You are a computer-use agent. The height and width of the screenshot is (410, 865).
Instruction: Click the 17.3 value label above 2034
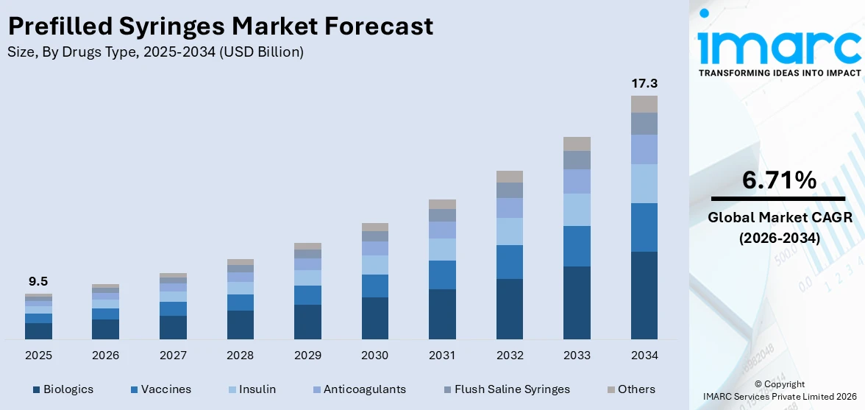pyautogui.click(x=644, y=84)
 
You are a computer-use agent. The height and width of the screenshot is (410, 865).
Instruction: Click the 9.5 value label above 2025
pyautogui.click(x=38, y=282)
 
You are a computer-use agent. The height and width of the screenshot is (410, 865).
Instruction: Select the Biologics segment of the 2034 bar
pyautogui.click(x=644, y=295)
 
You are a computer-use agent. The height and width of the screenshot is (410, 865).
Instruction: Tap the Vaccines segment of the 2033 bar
pyautogui.click(x=577, y=246)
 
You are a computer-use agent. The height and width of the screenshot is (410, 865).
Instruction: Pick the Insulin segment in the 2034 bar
pyautogui.click(x=644, y=183)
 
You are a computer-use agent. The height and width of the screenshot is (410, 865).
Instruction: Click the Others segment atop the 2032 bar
pyautogui.click(x=510, y=177)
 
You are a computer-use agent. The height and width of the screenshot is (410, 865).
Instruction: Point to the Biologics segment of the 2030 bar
pyautogui.click(x=375, y=319)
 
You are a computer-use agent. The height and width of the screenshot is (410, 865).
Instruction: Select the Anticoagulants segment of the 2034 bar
pyautogui.click(x=644, y=149)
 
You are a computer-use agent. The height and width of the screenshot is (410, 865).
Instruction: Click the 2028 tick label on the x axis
pyautogui.click(x=241, y=356)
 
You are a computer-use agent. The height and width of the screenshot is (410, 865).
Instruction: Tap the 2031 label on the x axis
pyautogui.click(x=443, y=356)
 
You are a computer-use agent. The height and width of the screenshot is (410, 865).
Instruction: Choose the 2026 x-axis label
pyautogui.click(x=105, y=356)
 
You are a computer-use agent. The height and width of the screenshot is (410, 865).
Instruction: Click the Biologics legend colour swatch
pyautogui.click(x=37, y=389)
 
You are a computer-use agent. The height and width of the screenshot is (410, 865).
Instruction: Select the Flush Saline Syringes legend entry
pyautogui.click(x=507, y=389)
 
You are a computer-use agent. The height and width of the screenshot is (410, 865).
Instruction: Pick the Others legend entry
pyautogui.click(x=631, y=389)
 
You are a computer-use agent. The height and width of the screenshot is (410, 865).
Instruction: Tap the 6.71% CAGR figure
pyautogui.click(x=779, y=180)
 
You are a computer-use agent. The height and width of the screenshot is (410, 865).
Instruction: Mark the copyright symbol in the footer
pyautogui.click(x=758, y=385)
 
